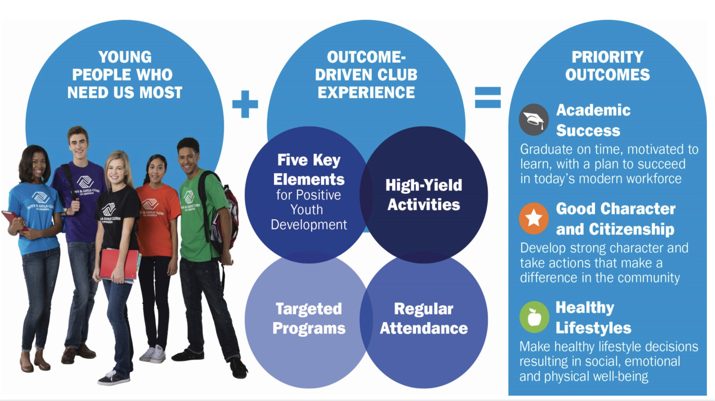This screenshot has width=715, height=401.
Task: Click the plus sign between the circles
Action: pos(245,104)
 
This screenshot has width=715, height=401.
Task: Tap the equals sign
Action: pos(488,97)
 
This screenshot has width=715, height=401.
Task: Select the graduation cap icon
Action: pos(534,120)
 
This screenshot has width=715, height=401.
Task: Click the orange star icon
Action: pos(534,218)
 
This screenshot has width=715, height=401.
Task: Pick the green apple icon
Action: pos(534,317)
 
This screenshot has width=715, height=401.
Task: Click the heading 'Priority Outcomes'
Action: pos(607,66)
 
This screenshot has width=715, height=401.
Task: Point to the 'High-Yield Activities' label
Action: pos(424,195)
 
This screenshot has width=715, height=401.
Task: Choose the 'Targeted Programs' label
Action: pos(309,319)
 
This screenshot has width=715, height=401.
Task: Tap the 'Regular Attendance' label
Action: pos(424,319)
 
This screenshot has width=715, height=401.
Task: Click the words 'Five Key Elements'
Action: pos(309,170)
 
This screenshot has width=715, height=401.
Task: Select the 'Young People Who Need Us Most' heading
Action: pos(125,75)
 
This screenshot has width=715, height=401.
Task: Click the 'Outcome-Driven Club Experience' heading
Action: pos(366,75)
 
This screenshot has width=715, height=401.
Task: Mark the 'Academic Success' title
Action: pos(593,120)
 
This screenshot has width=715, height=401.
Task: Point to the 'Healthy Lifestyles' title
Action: pos(593,318)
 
